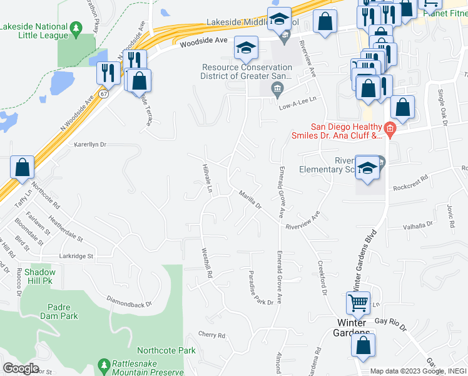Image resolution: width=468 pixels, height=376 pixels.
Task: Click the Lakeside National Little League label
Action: [x=34, y=31]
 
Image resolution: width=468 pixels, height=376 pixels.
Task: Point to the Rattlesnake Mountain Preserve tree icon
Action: [x=103, y=364]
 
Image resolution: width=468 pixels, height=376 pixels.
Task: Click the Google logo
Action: [x=20, y=368]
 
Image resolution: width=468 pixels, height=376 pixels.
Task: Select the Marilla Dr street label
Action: [x=249, y=199]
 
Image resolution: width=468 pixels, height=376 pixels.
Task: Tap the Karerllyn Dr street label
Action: [x=91, y=144]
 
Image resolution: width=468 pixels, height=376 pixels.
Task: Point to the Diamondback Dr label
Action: [x=129, y=301]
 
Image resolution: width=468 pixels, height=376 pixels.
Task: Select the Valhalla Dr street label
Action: [x=418, y=226]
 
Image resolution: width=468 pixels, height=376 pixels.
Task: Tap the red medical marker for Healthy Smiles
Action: [x=390, y=130]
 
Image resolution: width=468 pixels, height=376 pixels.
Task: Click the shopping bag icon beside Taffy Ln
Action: [x=23, y=168]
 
